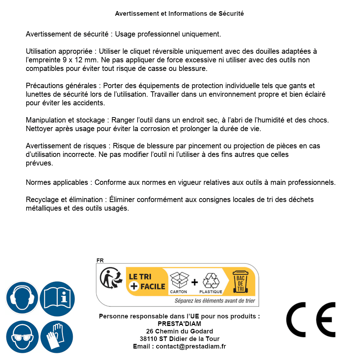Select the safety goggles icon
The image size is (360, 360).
(x=22, y=336)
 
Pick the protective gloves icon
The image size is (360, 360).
(x=57, y=336)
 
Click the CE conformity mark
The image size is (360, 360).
(x=311, y=320)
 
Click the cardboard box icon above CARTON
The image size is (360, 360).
(x=179, y=280)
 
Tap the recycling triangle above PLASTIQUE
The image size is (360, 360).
(x=211, y=280)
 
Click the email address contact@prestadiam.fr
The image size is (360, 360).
(x=191, y=346)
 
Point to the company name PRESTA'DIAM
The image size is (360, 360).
(x=179, y=324)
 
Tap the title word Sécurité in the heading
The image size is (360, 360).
(x=231, y=14)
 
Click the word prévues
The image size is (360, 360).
(x=39, y=163)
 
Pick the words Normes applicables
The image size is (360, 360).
(x=58, y=182)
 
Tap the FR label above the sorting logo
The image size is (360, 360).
(x=100, y=261)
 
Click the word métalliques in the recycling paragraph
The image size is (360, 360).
(x=44, y=208)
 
